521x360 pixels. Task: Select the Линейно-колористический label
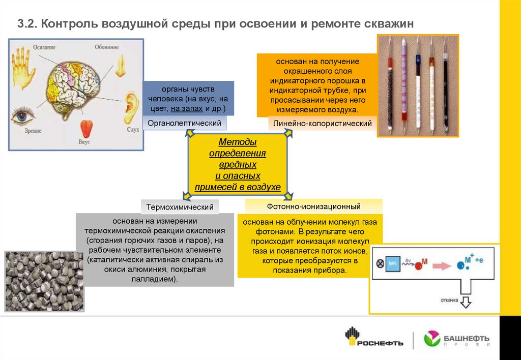(x=323, y=124)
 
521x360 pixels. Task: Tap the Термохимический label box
(x=179, y=207)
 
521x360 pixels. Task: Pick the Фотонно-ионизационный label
(x=313, y=206)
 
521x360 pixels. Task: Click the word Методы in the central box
(x=238, y=142)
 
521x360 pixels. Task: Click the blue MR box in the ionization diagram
(x=392, y=264)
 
